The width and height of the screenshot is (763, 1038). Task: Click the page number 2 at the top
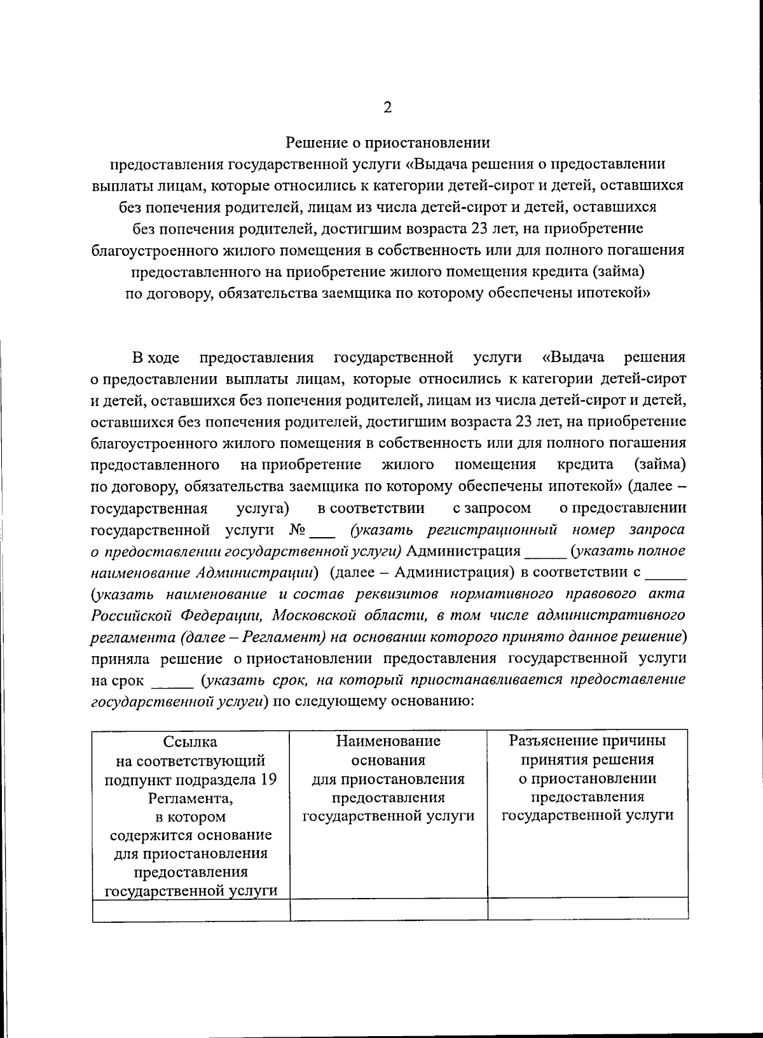[387, 107]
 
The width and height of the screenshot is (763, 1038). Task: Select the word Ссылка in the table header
[190, 741]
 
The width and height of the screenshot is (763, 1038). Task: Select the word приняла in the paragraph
[120, 658]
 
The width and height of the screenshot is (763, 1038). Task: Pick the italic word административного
[610, 615]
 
